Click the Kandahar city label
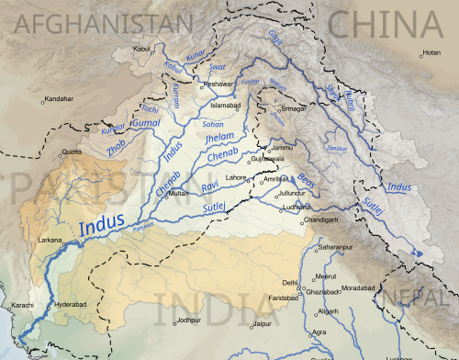click(x=60, y=98)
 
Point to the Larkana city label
click(x=50, y=239)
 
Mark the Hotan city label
click(x=431, y=52)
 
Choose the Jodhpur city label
click(x=188, y=320)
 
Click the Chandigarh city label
click(x=327, y=220)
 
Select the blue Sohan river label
click(x=213, y=121)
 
